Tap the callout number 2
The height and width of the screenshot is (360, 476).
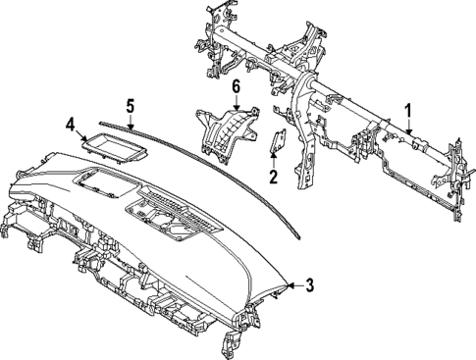coord(274,178)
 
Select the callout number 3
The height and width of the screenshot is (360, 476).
coord(309,286)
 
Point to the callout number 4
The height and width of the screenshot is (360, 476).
coord(70,124)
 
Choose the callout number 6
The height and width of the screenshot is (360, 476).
coord(236,87)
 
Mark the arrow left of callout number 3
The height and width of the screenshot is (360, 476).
coord(290,286)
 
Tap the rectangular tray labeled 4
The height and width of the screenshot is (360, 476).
coord(113,148)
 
